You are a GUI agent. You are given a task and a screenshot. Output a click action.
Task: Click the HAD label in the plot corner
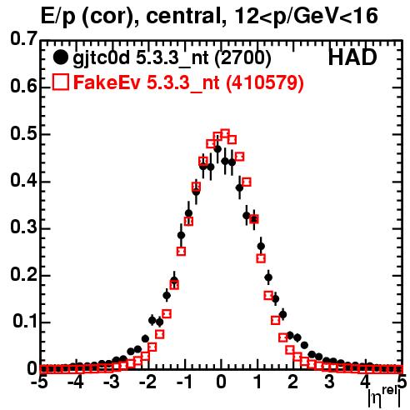click(352, 57)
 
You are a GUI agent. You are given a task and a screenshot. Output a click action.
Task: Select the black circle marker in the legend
click(60, 57)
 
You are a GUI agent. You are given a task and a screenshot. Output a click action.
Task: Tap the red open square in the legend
click(60, 82)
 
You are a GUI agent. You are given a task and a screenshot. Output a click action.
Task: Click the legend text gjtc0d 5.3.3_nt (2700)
click(172, 58)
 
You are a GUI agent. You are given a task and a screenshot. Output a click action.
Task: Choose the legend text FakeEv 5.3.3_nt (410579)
click(188, 82)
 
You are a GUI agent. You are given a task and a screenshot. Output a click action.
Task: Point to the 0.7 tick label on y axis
click(23, 38)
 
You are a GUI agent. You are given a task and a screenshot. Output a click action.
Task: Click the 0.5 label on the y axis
click(23, 133)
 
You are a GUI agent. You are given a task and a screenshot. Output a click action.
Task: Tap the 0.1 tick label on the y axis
click(24, 321)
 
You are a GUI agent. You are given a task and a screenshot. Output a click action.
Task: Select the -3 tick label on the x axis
click(111, 382)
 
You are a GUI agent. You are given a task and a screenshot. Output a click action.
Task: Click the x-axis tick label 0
click(221, 382)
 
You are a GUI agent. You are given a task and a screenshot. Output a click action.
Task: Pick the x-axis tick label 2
click(292, 382)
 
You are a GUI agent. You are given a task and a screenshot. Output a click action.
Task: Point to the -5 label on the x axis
click(39, 382)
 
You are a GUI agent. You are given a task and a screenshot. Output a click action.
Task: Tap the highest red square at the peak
click(225, 134)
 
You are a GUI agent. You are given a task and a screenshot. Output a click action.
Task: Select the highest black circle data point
click(218, 149)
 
